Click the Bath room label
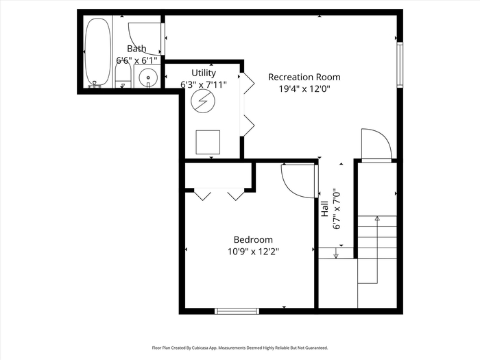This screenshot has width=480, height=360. tap(136, 49)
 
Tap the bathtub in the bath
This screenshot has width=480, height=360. tap(98, 53)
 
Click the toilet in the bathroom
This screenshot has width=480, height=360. tap(123, 76)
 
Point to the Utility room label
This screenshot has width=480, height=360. tap(204, 73)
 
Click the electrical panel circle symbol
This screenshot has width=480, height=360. tap(203, 101)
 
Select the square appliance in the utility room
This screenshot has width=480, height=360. tap(208, 142)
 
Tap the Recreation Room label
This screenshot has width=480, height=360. tap(304, 77)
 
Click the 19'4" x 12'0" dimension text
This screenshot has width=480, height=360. tap(304, 89)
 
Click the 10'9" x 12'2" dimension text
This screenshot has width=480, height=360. tap(253, 252)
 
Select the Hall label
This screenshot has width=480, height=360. tap(324, 208)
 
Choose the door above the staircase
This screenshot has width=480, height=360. tap(376, 145)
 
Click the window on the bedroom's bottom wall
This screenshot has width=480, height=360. tap(237, 311)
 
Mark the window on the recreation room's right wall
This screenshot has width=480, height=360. tap(400, 65)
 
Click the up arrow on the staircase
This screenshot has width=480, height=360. tap(377, 250)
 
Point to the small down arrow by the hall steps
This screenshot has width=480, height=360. tap(336, 253)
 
